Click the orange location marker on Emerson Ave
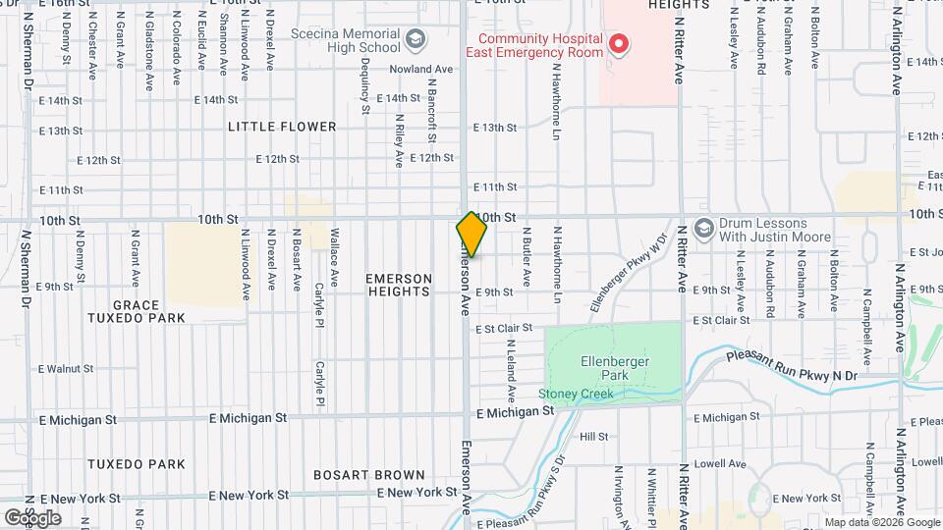[471, 234]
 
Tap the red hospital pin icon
[619, 43]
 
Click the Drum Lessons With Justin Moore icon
[703, 229]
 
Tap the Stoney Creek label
[576, 395]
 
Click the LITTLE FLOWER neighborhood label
[282, 128]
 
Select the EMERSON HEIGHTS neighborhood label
[399, 285]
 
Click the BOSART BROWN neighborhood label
[369, 475]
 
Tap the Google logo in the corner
[31, 517]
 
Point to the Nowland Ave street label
[420, 70]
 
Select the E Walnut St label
[65, 369]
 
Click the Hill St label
[594, 437]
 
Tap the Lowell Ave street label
[720, 464]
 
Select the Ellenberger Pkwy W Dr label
[629, 273]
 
